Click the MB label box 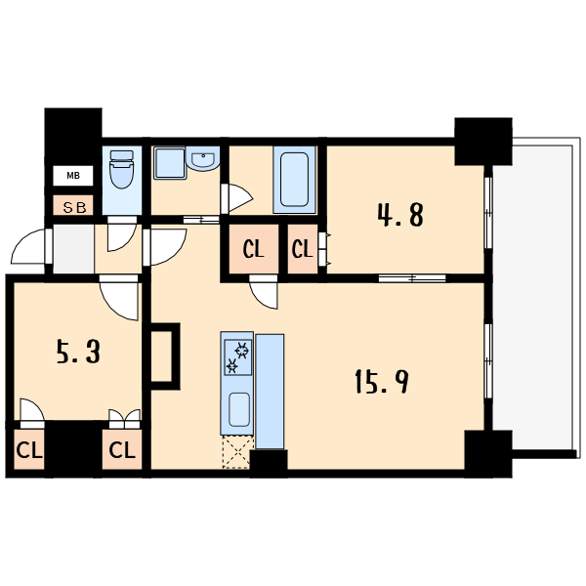click(x=73, y=175)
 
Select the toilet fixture click(x=122, y=169)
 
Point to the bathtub click(x=295, y=180)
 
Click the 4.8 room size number click(x=400, y=215)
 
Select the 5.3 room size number click(x=78, y=352)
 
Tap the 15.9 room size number click(x=381, y=381)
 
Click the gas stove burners click(x=237, y=357)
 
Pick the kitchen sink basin click(x=239, y=409)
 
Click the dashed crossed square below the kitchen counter click(x=236, y=452)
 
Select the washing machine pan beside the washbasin click(x=170, y=163)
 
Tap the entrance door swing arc click(x=27, y=247)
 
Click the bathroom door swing click(x=239, y=198)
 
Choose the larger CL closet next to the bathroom click(x=254, y=248)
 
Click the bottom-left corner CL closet click(x=29, y=449)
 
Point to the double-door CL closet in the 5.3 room click(x=122, y=449)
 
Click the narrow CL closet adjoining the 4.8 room click(x=303, y=248)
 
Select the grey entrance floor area click(x=73, y=249)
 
